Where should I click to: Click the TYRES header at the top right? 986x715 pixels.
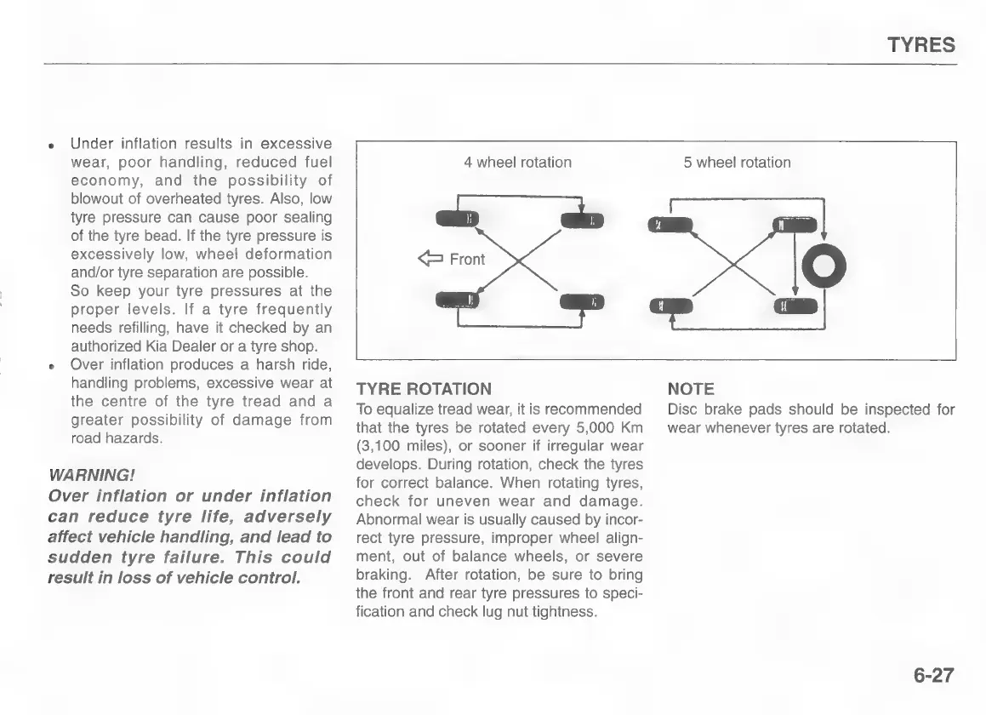[x=921, y=45]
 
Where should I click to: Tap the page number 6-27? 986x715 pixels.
[x=934, y=676]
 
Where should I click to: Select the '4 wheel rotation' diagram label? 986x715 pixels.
[x=517, y=163]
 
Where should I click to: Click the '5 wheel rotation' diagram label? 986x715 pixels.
[x=737, y=163]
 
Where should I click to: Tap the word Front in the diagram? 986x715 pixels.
[x=467, y=260]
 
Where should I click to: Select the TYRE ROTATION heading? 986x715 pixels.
[x=423, y=389]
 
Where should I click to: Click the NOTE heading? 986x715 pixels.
[x=691, y=389]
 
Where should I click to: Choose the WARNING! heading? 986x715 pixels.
[x=93, y=473]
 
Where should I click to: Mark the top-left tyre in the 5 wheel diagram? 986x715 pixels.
[x=670, y=225]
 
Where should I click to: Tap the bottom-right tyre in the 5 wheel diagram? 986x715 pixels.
[x=795, y=306]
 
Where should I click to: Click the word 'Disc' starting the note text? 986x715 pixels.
[x=681, y=410]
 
